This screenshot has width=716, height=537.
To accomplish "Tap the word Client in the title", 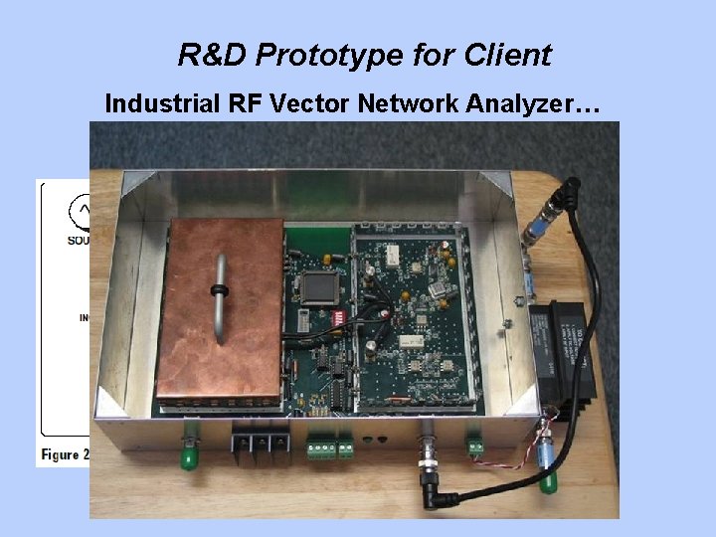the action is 508,55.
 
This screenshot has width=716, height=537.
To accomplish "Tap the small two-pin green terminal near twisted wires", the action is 475,446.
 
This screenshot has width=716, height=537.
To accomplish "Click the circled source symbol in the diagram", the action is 81,211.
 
